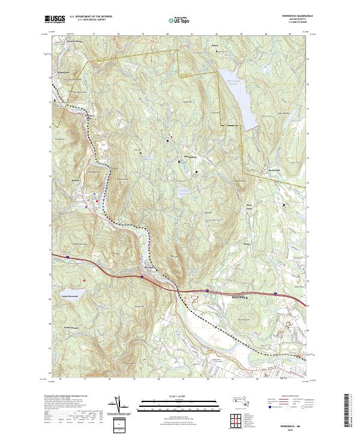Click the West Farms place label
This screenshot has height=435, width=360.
(x=248, y=207)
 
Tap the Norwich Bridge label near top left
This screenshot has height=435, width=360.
(x=74, y=41)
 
